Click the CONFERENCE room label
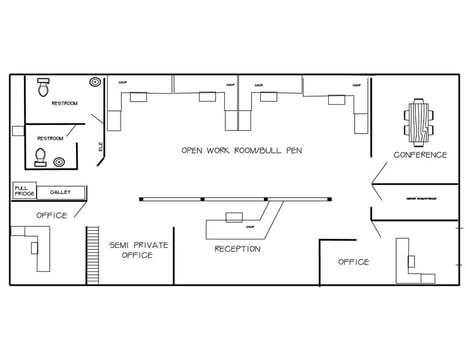click(x=419, y=155)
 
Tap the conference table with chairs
click(x=419, y=122)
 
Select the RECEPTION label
click(x=237, y=249)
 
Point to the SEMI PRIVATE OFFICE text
click(x=138, y=250)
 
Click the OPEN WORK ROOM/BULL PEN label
click(x=241, y=150)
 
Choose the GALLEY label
click(x=60, y=192)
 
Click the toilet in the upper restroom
click(x=43, y=88)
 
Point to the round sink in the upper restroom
click(x=95, y=81)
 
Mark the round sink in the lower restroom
click(x=59, y=162)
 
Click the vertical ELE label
click(x=100, y=147)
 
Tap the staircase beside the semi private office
click(x=92, y=255)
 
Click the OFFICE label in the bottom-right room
click(x=353, y=262)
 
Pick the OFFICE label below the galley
click(x=51, y=216)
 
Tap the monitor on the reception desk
click(x=234, y=217)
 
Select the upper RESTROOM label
click(x=64, y=103)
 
